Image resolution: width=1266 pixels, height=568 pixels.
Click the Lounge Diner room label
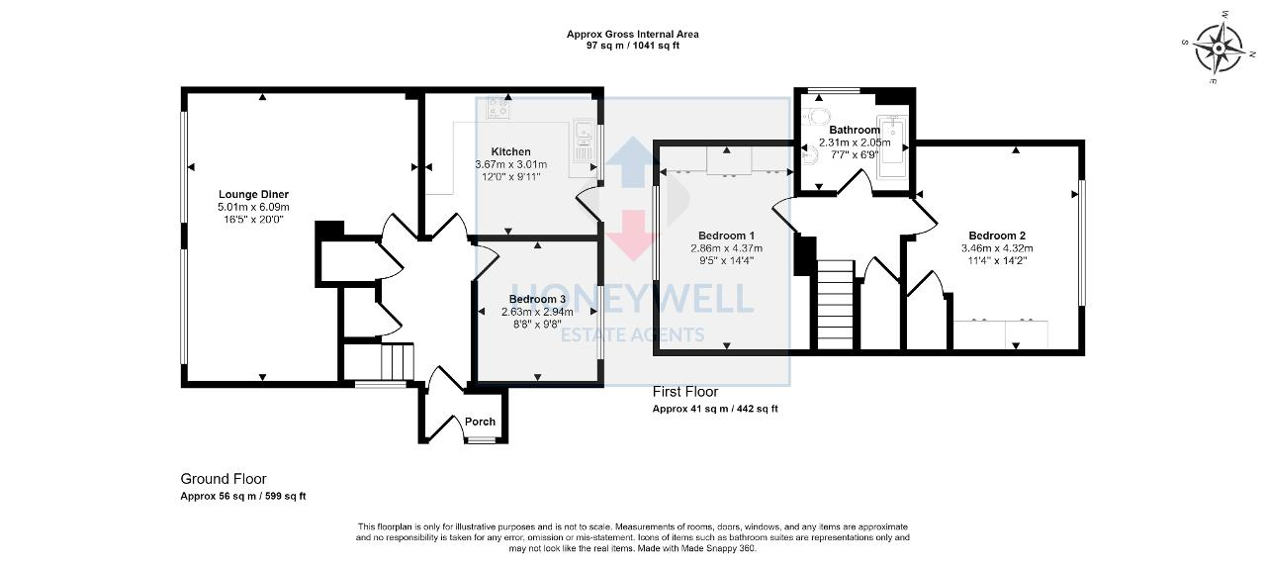pos(255,194)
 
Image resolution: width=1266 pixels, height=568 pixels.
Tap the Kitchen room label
pos(511,151)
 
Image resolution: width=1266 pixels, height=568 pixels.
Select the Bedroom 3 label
pos(537,299)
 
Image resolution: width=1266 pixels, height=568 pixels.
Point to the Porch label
pos(480,422)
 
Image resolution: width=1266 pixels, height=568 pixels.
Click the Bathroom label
pos(854,130)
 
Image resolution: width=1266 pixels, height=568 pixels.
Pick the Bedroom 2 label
pos(1016,236)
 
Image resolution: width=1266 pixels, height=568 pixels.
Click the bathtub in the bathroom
pos(892,148)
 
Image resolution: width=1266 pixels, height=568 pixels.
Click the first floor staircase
pos(834,304)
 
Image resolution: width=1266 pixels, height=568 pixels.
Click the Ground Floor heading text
pos(223,479)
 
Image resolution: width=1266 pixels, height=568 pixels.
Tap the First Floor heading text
pos(684,392)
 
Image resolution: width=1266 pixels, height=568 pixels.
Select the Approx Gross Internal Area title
pos(632,34)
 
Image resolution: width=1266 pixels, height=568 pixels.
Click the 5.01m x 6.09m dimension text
pos(255,207)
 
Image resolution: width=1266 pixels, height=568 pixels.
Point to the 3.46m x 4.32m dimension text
pos(1016,248)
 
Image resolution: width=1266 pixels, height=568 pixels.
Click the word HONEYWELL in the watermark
pos(632,297)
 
